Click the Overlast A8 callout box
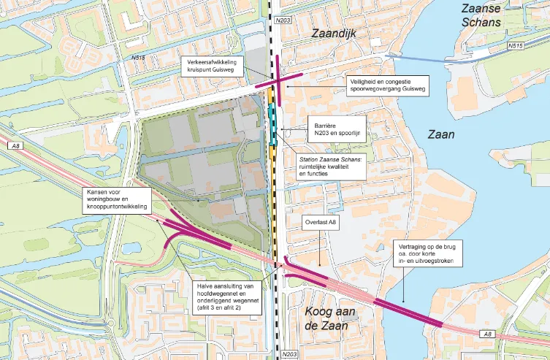point(321,222)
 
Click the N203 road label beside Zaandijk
point(283,20)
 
